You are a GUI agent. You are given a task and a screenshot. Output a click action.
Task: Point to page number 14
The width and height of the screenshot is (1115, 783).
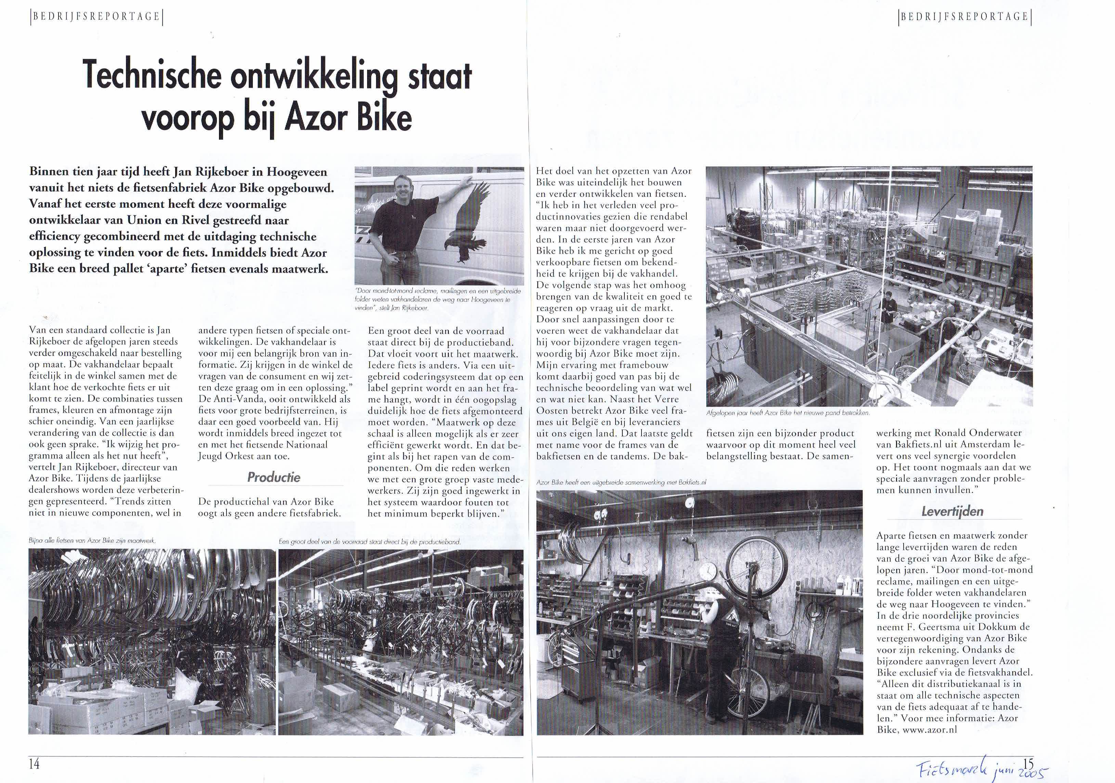[x=34, y=764]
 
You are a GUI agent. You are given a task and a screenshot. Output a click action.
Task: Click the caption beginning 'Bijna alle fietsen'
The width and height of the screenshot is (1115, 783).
[x=92, y=540]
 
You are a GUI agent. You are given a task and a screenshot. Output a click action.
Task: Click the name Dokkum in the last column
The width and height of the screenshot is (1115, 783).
[x=991, y=627]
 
